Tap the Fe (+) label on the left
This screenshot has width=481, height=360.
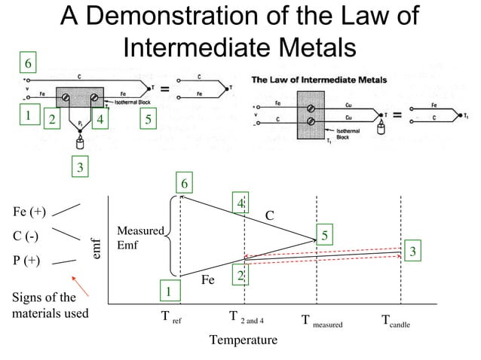[29, 212]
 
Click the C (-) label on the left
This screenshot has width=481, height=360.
[26, 236]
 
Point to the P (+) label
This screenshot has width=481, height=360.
[28, 261]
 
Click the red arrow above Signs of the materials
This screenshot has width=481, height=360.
[83, 285]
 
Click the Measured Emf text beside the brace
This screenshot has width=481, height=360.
[139, 238]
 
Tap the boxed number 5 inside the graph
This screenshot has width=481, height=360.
[325, 236]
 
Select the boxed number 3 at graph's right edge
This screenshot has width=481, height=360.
[413, 252]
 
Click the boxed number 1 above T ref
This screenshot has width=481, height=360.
[169, 291]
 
